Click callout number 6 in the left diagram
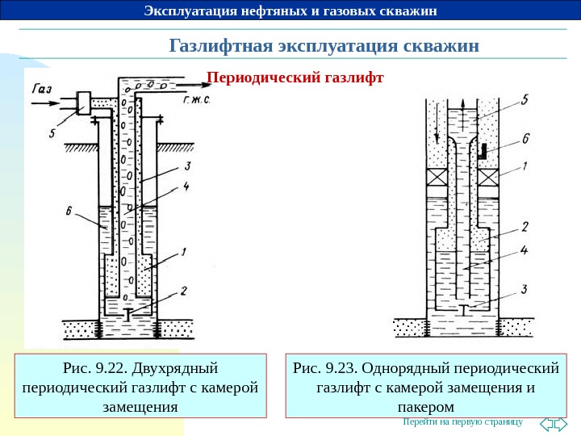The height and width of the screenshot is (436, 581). tap(71, 212)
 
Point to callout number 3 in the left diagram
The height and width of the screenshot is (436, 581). tap(186, 166)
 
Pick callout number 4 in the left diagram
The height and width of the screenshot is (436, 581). tap(186, 187)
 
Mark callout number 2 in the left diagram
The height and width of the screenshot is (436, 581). tap(185, 290)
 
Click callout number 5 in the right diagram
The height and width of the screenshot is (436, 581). tap(524, 101)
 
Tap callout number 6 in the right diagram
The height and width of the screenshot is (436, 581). tap(525, 138)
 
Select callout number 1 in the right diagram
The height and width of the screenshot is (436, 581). tap(525, 168)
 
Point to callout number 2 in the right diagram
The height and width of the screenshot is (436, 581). tap(525, 226)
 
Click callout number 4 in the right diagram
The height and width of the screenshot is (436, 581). tap(525, 251)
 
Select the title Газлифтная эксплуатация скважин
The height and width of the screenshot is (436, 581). tap(324, 45)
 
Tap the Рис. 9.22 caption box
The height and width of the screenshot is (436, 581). tap(140, 385)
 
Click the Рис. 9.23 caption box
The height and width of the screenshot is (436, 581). tap(425, 385)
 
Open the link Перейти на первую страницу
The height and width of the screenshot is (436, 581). tap(462, 422)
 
